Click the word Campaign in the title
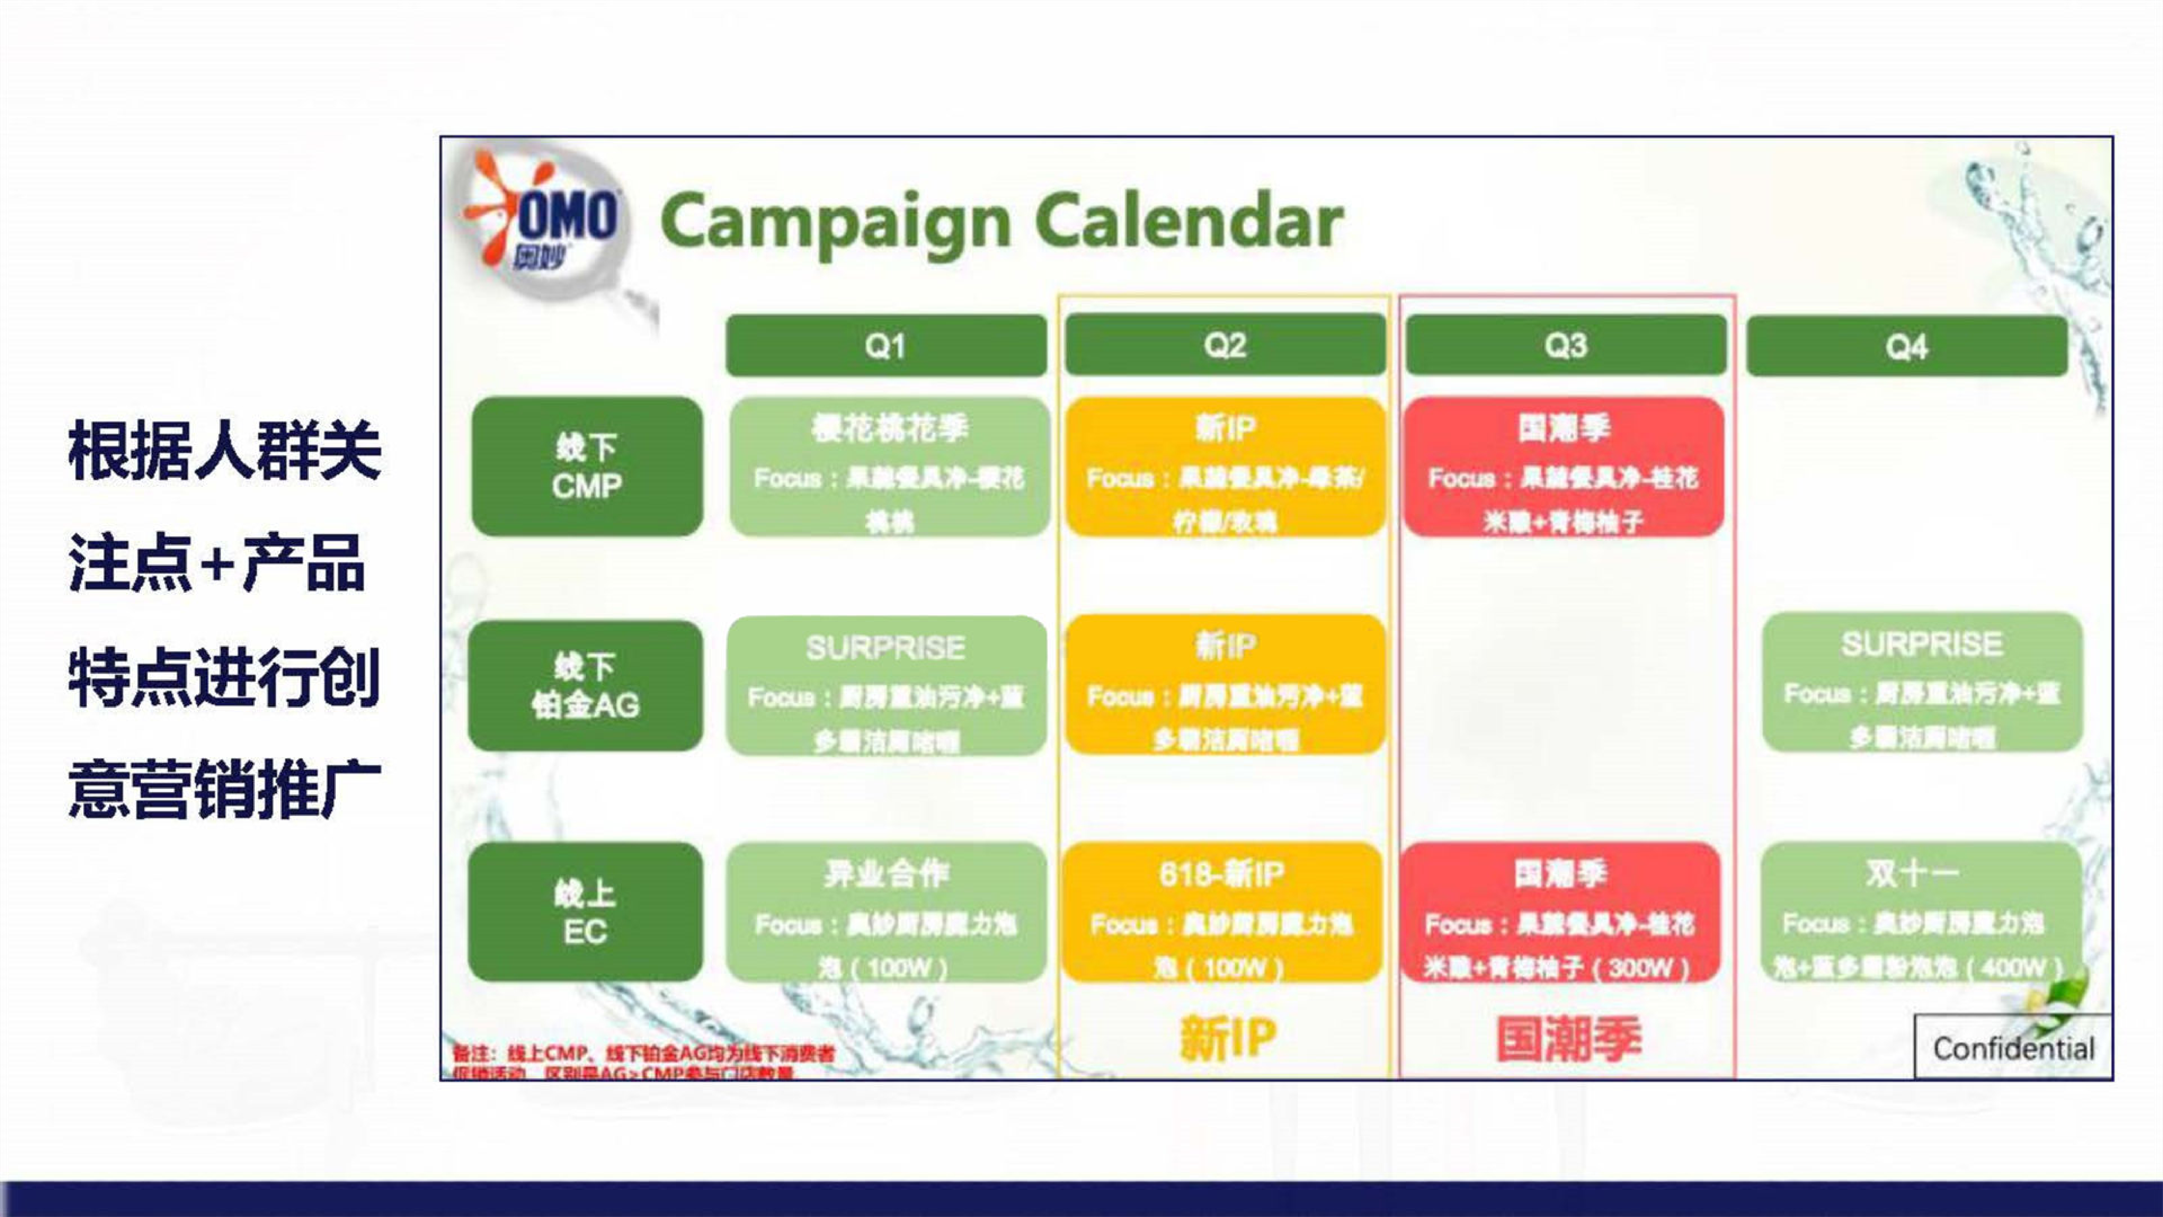pyautogui.click(x=835, y=222)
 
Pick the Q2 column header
pyautogui.click(x=1225, y=345)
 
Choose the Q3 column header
pyautogui.click(x=1565, y=345)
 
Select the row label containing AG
pyautogui.click(x=585, y=685)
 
